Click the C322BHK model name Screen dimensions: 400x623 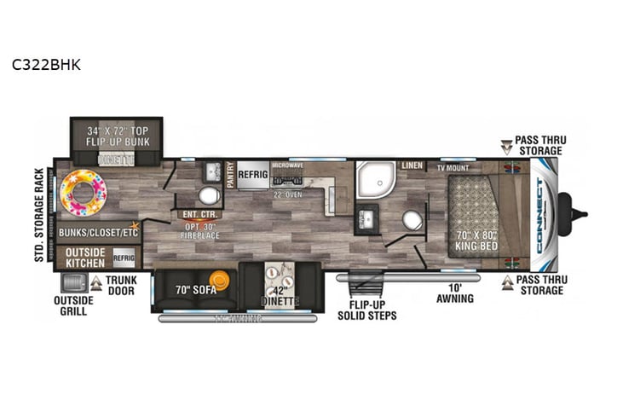[46, 64]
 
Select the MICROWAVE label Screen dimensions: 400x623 [287, 164]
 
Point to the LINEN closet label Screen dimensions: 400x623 [412, 165]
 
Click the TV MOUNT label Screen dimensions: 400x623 [455, 168]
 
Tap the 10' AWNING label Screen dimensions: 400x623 [452, 292]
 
